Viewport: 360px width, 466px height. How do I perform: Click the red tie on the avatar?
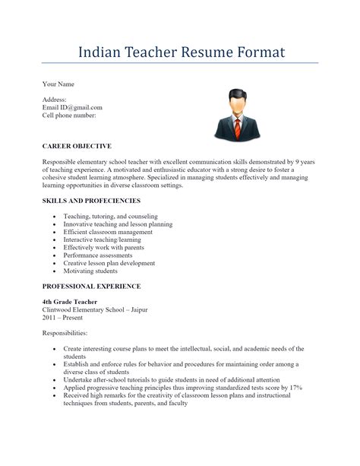(238, 125)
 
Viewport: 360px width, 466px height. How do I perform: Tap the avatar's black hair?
(238, 95)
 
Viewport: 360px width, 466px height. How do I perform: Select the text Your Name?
(58, 84)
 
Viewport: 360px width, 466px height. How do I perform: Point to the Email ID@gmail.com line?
(72, 107)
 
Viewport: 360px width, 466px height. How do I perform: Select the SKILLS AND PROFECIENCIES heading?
(91, 201)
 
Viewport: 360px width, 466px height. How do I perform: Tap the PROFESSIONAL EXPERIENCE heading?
(91, 287)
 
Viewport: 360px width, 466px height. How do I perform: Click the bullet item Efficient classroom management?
(108, 232)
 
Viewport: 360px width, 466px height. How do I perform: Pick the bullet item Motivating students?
(90, 271)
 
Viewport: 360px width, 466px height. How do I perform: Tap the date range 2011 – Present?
(63, 318)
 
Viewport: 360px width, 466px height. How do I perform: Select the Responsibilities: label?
(65, 333)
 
